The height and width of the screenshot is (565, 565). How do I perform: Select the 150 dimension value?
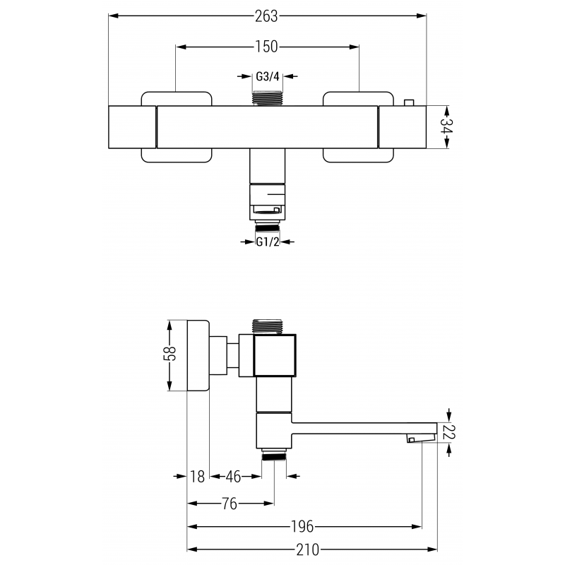(267, 47)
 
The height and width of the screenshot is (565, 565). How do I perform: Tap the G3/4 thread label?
(267, 76)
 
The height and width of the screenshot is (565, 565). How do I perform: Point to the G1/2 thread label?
(267, 242)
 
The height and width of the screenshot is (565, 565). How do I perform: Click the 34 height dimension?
(446, 127)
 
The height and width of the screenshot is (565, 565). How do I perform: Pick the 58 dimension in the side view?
(170, 355)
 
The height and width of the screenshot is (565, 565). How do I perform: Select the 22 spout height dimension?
(448, 432)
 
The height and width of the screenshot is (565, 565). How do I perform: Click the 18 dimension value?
(198, 477)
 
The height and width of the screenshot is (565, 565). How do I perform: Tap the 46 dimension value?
(233, 477)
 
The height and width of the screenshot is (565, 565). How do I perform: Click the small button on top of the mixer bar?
(408, 103)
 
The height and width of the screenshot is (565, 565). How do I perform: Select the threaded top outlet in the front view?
(268, 98)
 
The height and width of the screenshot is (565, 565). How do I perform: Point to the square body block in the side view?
(275, 355)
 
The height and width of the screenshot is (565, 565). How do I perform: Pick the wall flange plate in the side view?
(198, 355)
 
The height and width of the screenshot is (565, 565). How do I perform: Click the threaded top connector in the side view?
(272, 326)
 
